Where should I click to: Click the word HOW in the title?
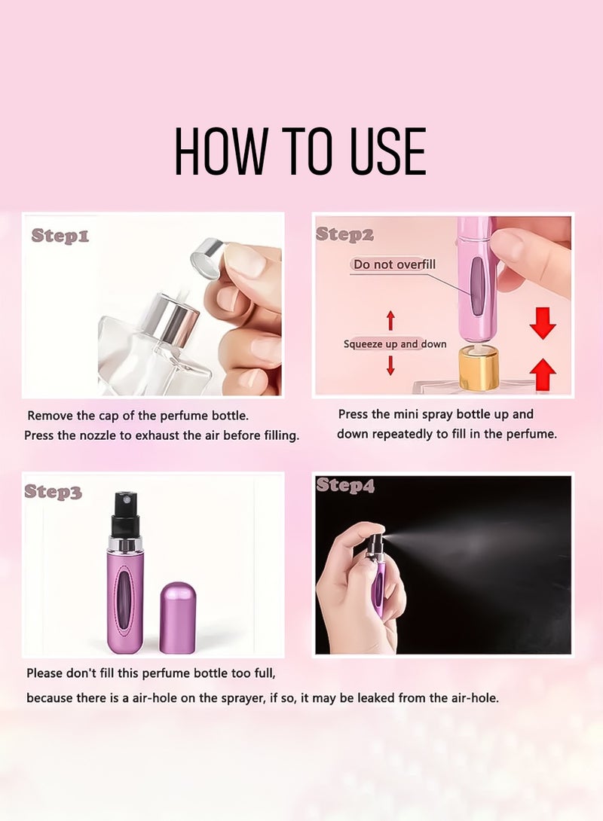pos(216,151)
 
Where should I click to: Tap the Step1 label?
pos(60,236)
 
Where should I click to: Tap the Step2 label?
pos(344,234)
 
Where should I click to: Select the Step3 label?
pos(53,492)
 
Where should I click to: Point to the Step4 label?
pos(345,486)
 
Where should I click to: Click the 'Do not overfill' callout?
pos(394,264)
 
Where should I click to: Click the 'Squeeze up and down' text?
pos(395,344)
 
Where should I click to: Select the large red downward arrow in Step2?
pos(543,322)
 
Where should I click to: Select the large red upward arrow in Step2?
pos(543,374)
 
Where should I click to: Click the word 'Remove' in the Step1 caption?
pos(51,416)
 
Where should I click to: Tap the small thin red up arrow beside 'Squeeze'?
pos(390,320)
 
